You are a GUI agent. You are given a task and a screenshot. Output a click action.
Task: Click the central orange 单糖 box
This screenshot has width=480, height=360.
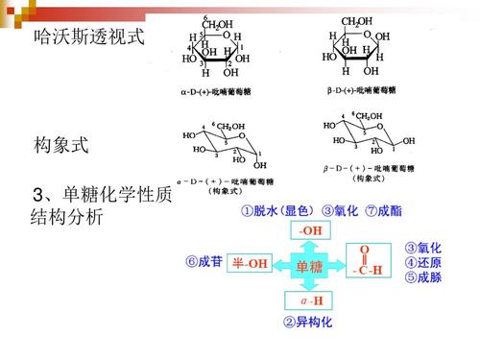point(310,267)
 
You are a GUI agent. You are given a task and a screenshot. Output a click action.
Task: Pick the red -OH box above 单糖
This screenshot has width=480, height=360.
point(310,231)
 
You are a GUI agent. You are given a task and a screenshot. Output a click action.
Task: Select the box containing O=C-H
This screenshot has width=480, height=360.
point(366,261)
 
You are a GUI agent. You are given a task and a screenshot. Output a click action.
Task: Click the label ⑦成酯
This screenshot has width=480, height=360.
point(381,210)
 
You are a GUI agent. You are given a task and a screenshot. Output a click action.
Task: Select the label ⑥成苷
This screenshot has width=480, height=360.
point(203,262)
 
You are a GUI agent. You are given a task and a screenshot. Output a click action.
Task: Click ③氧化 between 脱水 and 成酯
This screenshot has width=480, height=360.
point(340,210)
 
